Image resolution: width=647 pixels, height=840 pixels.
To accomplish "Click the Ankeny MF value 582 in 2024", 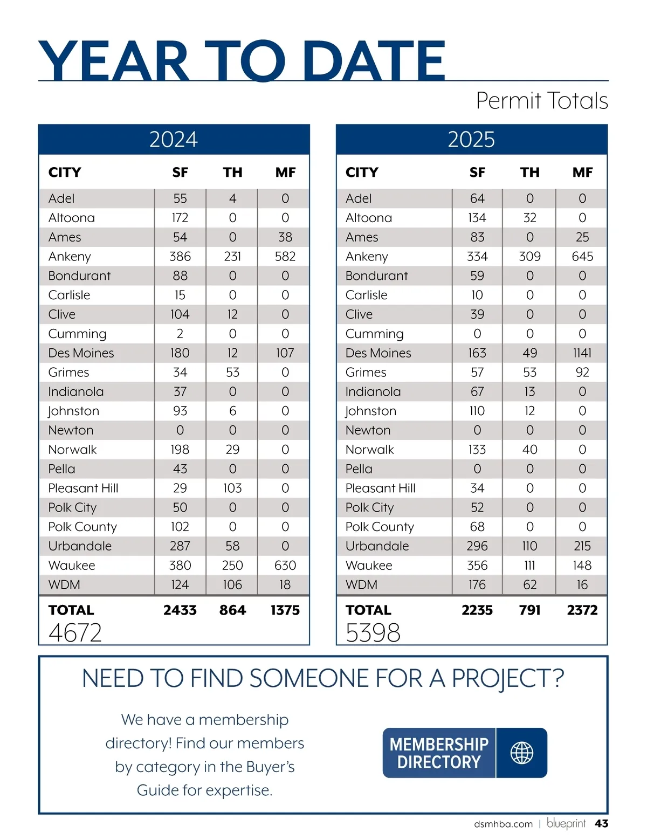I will click(285, 257).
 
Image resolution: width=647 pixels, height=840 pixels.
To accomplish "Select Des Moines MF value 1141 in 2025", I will click(582, 353).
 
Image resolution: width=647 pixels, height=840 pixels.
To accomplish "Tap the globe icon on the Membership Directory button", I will click(521, 753).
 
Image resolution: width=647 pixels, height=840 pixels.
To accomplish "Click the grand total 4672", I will click(75, 633).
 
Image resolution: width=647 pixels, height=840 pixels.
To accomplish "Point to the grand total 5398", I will click(373, 633).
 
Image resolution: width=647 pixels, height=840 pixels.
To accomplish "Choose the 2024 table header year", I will click(174, 140).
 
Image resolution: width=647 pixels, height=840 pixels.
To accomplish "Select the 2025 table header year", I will click(471, 140).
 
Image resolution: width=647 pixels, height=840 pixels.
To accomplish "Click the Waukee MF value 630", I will click(285, 566).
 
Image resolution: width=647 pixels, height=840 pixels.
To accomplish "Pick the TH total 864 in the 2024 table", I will click(232, 610).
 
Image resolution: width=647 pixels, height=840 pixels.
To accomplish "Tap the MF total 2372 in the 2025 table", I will click(582, 610).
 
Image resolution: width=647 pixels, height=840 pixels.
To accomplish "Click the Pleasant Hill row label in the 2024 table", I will click(83, 488).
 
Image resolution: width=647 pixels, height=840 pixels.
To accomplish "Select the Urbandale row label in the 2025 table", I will click(377, 546).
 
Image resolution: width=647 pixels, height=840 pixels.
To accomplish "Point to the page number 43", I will click(601, 824).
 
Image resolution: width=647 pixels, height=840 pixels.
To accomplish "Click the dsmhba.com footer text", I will click(503, 824).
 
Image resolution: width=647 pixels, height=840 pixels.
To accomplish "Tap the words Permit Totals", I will click(542, 101).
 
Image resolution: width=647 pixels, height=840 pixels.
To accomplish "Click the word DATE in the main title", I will click(373, 61).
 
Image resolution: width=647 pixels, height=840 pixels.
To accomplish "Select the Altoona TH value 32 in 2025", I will click(529, 218).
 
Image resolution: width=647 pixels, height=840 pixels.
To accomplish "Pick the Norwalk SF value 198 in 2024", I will click(180, 450).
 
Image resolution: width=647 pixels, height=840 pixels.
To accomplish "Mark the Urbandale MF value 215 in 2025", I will click(582, 546).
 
